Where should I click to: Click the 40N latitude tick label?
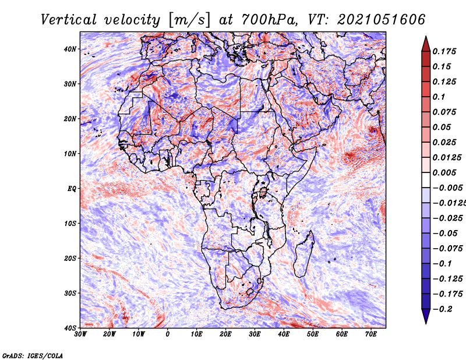pyautogui.click(x=70, y=49)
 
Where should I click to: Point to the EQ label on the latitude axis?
pyautogui.click(x=72, y=189)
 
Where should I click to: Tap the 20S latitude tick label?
pyautogui.click(x=70, y=258)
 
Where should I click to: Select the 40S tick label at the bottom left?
pyautogui.click(x=70, y=328)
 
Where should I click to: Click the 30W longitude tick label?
pyautogui.click(x=80, y=334)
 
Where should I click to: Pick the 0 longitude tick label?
pyautogui.click(x=168, y=334)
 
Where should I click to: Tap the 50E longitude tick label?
pyautogui.click(x=313, y=334)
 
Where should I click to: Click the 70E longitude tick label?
pyautogui.click(x=371, y=334)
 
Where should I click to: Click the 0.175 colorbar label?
pyautogui.click(x=444, y=51)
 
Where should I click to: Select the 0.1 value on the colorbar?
pyautogui.click(x=439, y=97)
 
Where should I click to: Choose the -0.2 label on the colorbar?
pyautogui.click(x=443, y=309)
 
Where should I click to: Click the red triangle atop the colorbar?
pyautogui.click(x=426, y=45)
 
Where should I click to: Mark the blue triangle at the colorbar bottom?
pyautogui.click(x=426, y=316)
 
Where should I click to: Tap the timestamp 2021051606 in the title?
pyautogui.click(x=382, y=20)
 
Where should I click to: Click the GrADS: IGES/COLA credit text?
pyautogui.click(x=33, y=355)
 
